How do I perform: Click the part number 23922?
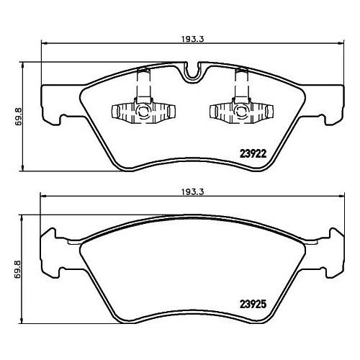point(253,153)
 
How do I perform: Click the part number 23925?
point(253,305)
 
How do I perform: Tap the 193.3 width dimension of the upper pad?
point(192,39)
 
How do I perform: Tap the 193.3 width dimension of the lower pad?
point(192,192)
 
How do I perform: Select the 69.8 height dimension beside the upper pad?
point(18,117)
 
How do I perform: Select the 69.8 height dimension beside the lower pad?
point(18,270)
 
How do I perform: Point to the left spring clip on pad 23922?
point(143,103)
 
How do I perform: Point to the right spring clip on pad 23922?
point(241,103)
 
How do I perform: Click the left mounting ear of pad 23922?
point(61,105)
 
